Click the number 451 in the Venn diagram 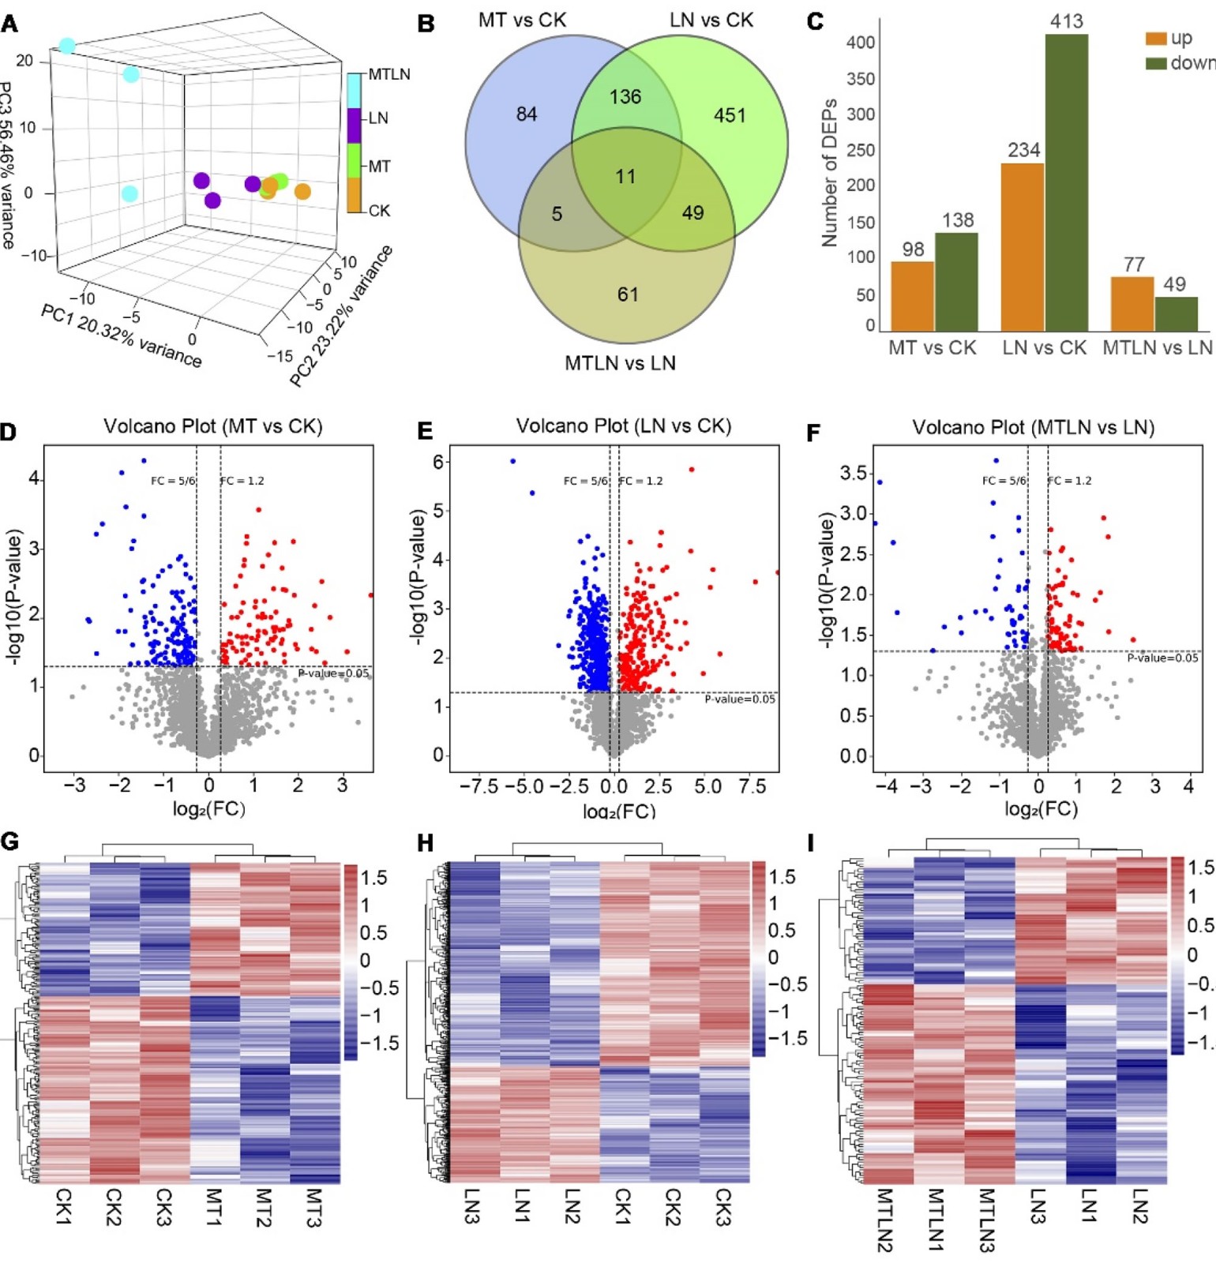[x=730, y=116]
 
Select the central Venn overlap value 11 [x=625, y=177]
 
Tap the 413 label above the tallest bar [x=1066, y=21]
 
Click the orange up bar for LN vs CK [x=1023, y=247]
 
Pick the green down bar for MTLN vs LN [x=1176, y=313]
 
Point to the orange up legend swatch [x=1155, y=38]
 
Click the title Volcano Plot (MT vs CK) [x=213, y=427]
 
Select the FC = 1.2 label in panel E [x=641, y=481]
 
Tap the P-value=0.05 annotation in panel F [x=1162, y=658]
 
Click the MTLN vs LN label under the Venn [x=620, y=364]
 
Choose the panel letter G [x=10, y=841]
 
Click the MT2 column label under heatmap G [x=264, y=1208]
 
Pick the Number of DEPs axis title [x=829, y=173]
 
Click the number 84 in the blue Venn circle [x=527, y=114]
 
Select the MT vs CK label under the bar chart [x=932, y=348]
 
